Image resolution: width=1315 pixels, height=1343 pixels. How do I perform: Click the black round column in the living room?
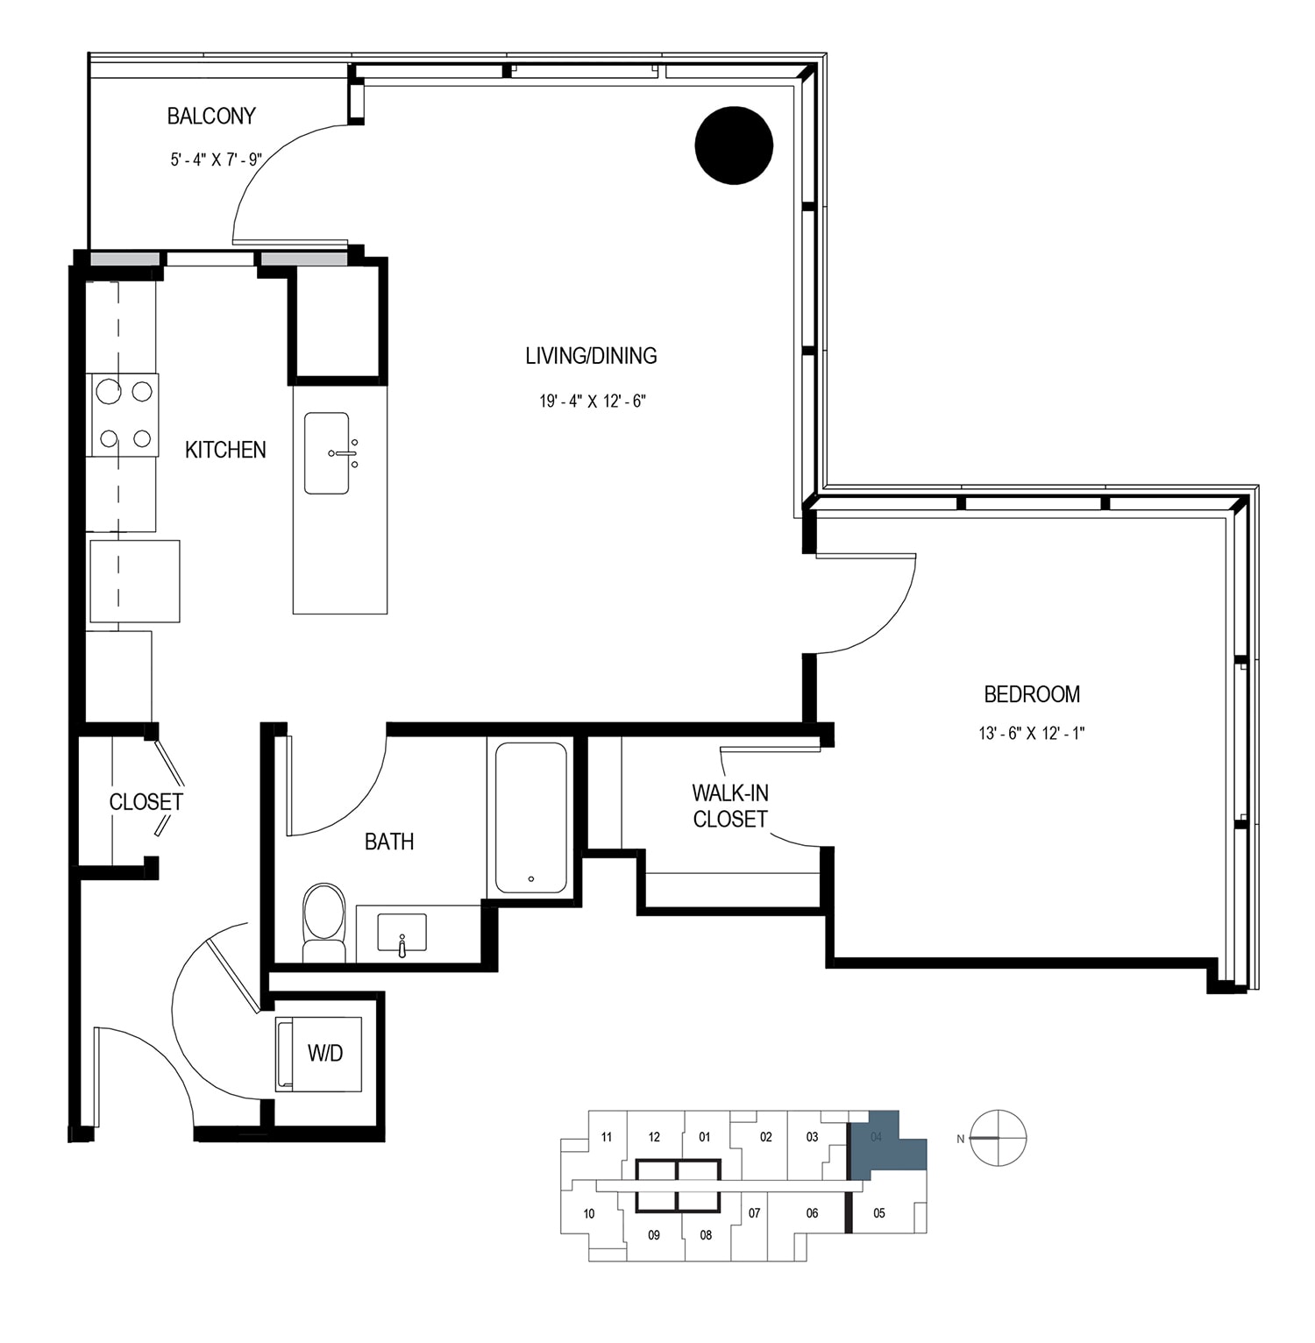pos(734,146)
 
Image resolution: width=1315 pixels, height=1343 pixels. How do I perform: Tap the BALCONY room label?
pos(211,116)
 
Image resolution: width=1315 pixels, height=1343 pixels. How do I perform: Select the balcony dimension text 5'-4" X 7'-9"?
pos(217,160)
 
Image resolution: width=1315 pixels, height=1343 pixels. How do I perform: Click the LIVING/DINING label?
pos(591,356)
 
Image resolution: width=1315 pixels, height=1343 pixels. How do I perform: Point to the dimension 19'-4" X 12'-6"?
pos(593,401)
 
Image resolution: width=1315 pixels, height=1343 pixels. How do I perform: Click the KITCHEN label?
pos(225,450)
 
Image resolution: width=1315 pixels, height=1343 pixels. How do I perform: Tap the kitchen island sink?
pos(328,453)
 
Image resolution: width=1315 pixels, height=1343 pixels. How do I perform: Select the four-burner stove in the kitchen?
pos(123,415)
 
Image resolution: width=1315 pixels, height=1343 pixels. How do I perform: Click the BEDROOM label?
pos(1032,694)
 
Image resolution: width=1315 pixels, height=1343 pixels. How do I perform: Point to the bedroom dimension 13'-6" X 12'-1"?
pos(1032,734)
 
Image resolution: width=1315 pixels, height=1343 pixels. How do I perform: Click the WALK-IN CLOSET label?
pos(730,806)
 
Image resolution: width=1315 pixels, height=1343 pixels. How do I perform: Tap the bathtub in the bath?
pos(531,818)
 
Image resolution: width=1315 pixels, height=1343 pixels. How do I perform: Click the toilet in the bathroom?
pos(324,922)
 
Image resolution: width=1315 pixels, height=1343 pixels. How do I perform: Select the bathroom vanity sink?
pos(402,933)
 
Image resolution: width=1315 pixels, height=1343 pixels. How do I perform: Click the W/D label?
pos(324,1053)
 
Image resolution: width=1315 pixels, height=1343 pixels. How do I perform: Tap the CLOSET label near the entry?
pos(146,801)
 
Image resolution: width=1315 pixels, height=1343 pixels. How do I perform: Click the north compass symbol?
pos(999,1138)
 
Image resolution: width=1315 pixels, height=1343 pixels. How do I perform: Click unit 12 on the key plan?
pos(654,1137)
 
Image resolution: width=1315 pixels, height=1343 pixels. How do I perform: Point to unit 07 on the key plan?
pos(754,1213)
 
